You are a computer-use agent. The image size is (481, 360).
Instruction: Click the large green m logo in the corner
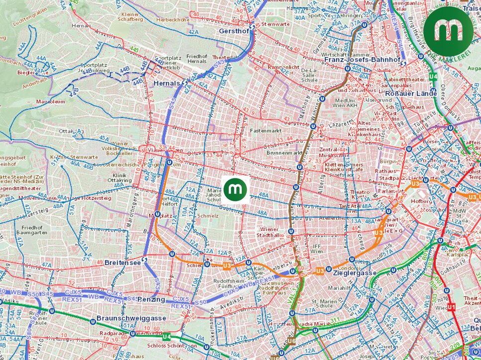(x=448, y=31)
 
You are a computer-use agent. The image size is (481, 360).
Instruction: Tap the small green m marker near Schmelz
(x=235, y=189)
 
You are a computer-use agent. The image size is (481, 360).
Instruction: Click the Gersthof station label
(x=233, y=31)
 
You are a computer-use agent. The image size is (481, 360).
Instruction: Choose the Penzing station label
(x=151, y=299)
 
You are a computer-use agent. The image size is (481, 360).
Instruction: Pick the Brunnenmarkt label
(x=285, y=153)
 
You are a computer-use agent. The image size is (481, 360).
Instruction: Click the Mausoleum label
(x=50, y=101)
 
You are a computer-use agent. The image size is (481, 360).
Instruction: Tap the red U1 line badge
(x=452, y=307)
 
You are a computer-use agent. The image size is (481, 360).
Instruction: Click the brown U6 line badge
(x=292, y=341)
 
